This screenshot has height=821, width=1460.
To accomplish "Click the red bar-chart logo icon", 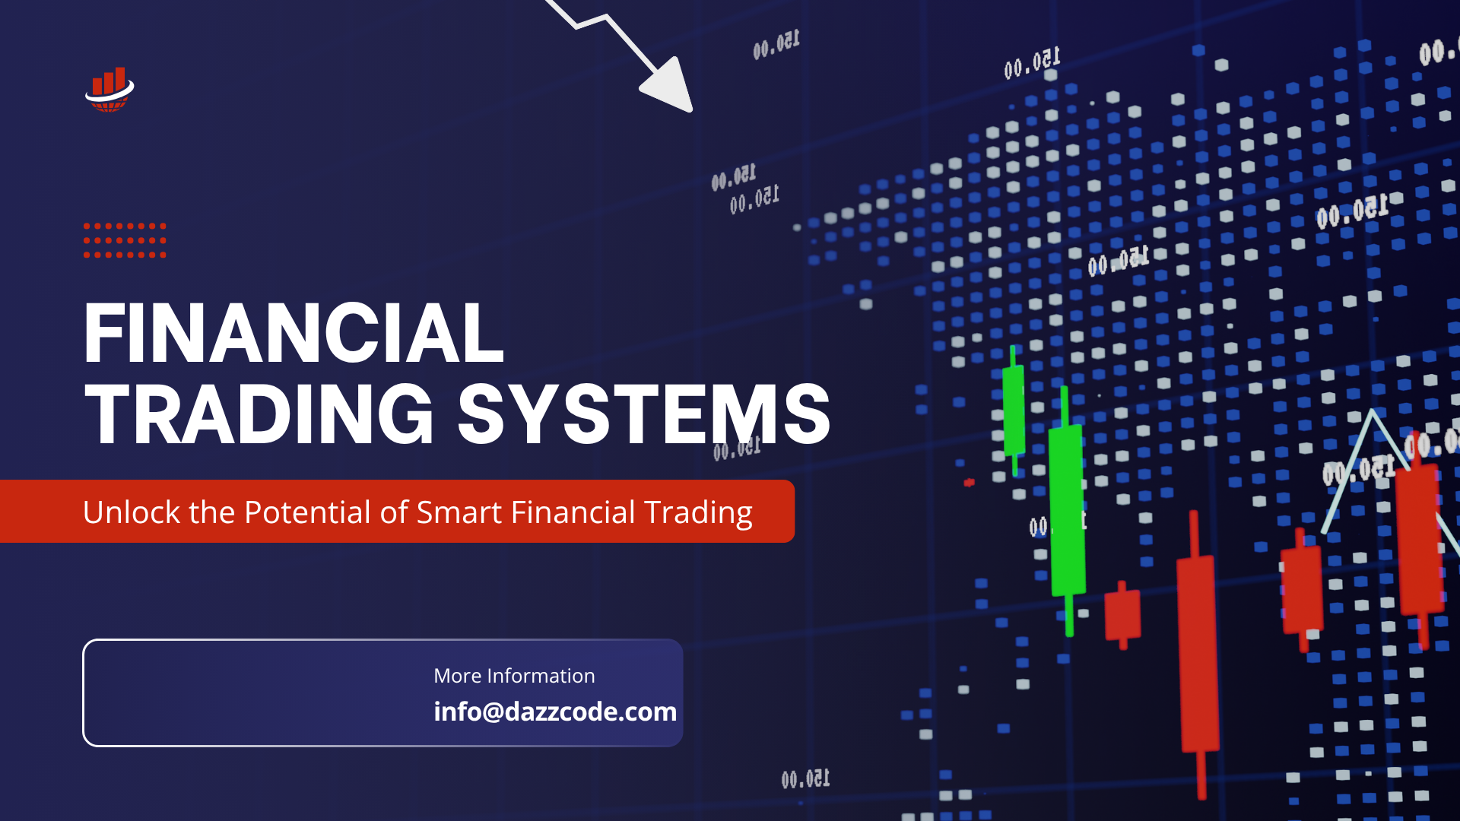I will pyautogui.click(x=109, y=90).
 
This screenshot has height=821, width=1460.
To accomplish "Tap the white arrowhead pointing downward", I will pyautogui.click(x=669, y=85).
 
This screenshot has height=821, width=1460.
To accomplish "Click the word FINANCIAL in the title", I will pyautogui.click(x=294, y=334).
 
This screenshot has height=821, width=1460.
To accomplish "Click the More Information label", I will pyautogui.click(x=514, y=676).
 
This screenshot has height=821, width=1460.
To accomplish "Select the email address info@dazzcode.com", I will pyautogui.click(x=555, y=712).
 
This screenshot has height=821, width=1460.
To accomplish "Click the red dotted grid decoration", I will pyautogui.click(x=125, y=240).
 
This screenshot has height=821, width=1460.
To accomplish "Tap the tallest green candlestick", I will pyautogui.click(x=1067, y=509).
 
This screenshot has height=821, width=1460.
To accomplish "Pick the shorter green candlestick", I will pyautogui.click(x=1014, y=410).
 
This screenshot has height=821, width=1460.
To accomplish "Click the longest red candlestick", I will pyautogui.click(x=1198, y=654).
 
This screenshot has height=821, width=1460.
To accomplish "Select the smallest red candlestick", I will pyautogui.click(x=1122, y=614).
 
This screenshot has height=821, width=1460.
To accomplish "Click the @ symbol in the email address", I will pyautogui.click(x=493, y=712).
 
